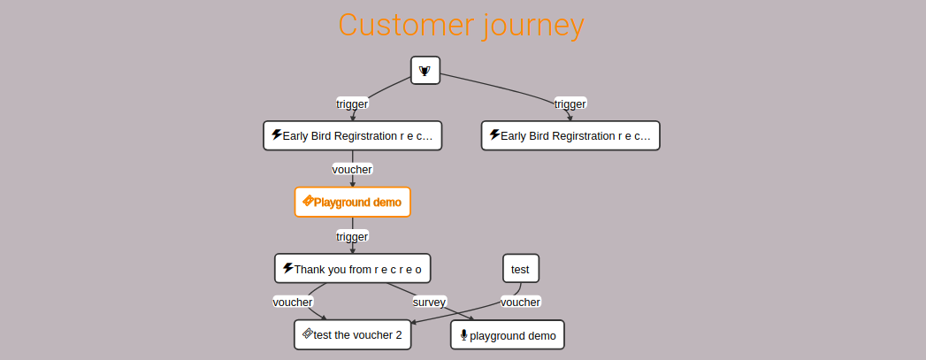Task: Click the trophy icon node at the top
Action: (425, 71)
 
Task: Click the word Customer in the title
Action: (406, 25)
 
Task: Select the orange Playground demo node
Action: (353, 203)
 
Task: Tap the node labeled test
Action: (520, 269)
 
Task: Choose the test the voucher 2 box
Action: (353, 334)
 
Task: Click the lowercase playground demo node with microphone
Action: (508, 335)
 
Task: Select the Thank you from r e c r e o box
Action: (353, 269)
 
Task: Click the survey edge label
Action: (429, 303)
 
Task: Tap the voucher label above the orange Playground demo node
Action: (353, 169)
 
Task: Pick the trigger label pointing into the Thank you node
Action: (353, 237)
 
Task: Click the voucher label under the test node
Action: (520, 303)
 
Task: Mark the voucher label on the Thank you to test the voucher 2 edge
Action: (293, 303)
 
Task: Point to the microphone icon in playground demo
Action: (463, 335)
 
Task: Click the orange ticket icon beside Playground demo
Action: (308, 202)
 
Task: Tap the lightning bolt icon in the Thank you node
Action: (288, 268)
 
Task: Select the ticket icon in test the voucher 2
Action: (307, 333)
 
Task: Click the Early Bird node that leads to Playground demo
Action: (353, 135)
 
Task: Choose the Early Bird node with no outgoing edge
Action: (570, 135)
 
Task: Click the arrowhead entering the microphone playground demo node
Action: (471, 318)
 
